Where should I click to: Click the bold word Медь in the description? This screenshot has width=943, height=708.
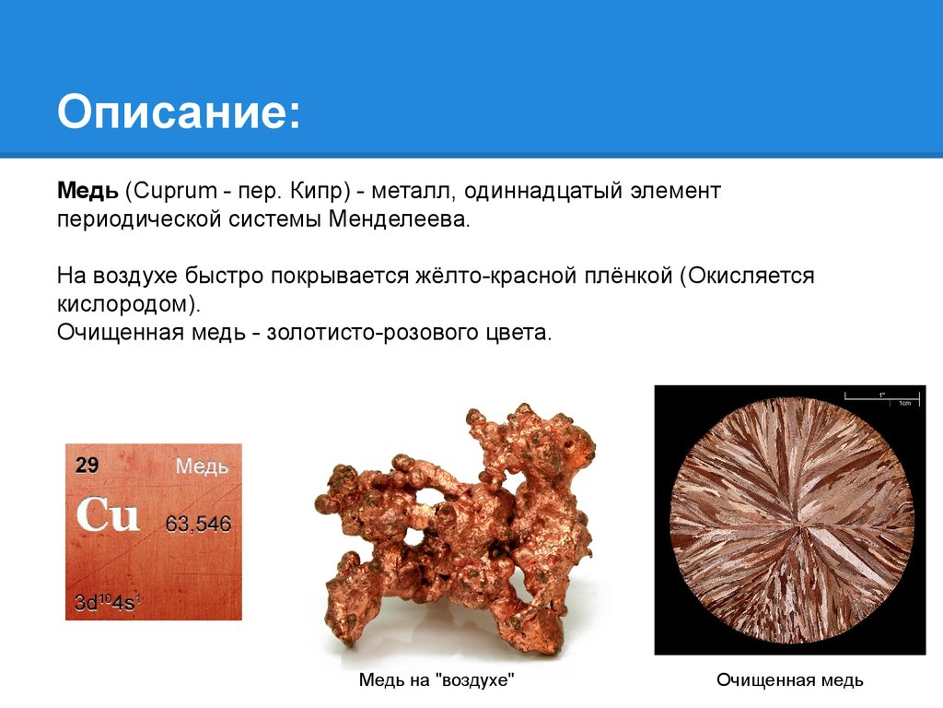click(87, 191)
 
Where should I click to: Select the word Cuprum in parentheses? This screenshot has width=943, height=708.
click(174, 192)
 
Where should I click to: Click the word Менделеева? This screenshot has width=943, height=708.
click(397, 219)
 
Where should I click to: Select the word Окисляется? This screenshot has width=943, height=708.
click(751, 276)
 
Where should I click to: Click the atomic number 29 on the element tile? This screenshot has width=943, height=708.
click(87, 465)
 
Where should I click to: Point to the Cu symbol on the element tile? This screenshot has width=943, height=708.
click(108, 514)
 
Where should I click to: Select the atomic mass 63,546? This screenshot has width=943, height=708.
click(198, 524)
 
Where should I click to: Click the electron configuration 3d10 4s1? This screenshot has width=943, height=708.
click(108, 602)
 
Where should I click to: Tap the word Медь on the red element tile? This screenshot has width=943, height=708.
click(202, 466)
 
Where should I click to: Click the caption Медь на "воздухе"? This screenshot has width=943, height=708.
click(437, 680)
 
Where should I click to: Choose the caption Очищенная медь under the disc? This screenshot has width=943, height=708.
click(789, 680)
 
